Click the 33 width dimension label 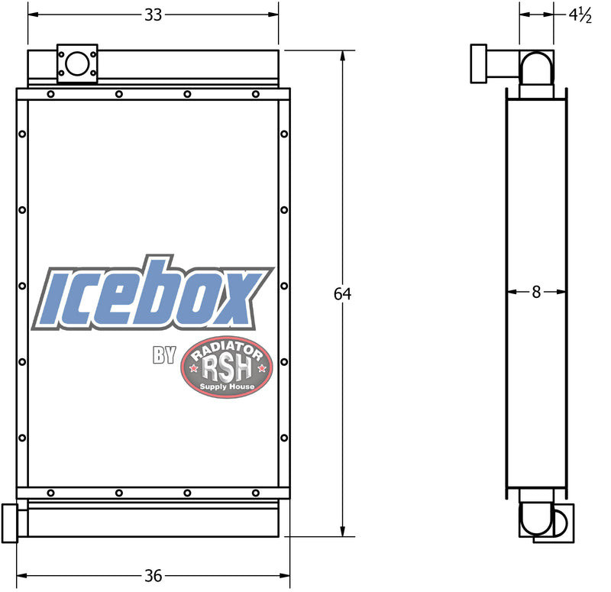coord(154,15)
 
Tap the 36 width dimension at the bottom coord(154,576)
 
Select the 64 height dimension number coord(342,294)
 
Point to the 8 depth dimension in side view coord(536,292)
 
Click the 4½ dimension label coord(580,15)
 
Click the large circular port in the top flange coord(77,63)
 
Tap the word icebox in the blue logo coord(154,293)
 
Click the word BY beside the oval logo coord(164,354)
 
